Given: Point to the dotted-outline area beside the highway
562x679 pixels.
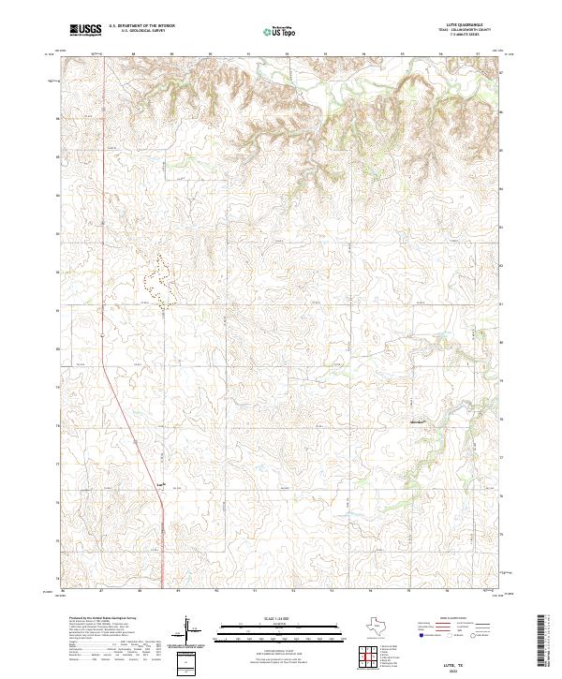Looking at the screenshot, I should click(158, 281).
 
